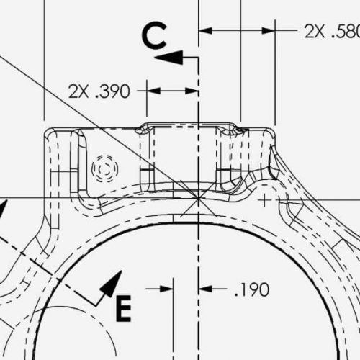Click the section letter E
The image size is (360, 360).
tap(123, 309)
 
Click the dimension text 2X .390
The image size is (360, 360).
tap(99, 91)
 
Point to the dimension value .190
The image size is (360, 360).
tap(252, 290)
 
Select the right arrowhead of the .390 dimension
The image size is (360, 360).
tap(192, 91)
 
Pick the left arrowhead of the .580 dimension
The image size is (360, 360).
tap(204, 31)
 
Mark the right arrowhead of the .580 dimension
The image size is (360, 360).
tap(271, 31)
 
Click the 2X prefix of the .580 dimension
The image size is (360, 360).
tap(314, 31)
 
